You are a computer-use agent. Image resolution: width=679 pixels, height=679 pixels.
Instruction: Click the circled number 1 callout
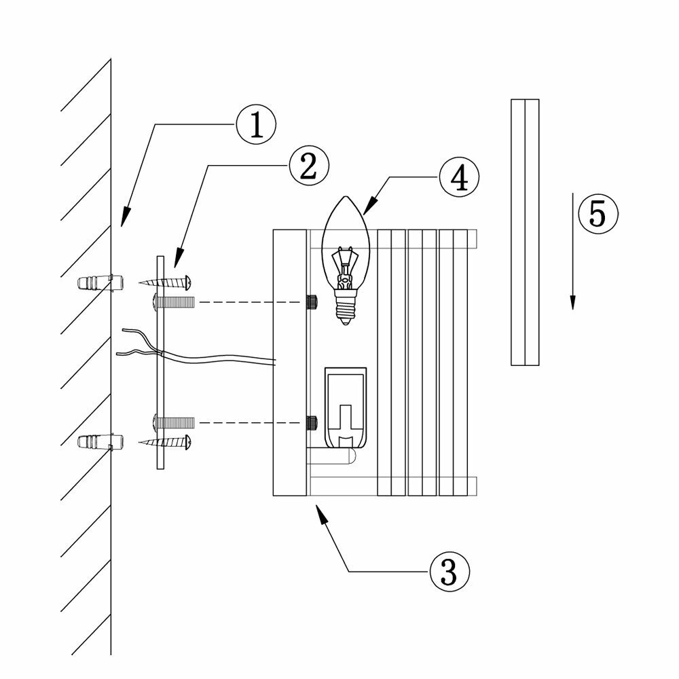[x=256, y=127]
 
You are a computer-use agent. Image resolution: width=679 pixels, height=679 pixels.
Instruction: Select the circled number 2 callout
[x=308, y=166]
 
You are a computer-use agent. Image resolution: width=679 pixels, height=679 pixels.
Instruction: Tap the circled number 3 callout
[x=449, y=572]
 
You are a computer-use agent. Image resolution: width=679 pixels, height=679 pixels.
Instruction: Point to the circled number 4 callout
[x=458, y=178]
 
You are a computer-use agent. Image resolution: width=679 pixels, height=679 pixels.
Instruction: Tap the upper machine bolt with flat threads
[x=176, y=300]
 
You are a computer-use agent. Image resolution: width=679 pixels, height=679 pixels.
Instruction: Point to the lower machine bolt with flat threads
[x=176, y=422]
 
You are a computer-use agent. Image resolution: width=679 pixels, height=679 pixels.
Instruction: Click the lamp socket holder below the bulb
[x=346, y=407]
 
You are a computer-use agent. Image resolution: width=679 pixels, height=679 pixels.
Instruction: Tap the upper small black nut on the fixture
[x=313, y=301]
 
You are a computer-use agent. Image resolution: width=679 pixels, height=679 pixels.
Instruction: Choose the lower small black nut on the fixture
[x=313, y=422]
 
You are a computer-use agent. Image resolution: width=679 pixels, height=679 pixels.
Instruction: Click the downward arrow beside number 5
[x=572, y=251]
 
